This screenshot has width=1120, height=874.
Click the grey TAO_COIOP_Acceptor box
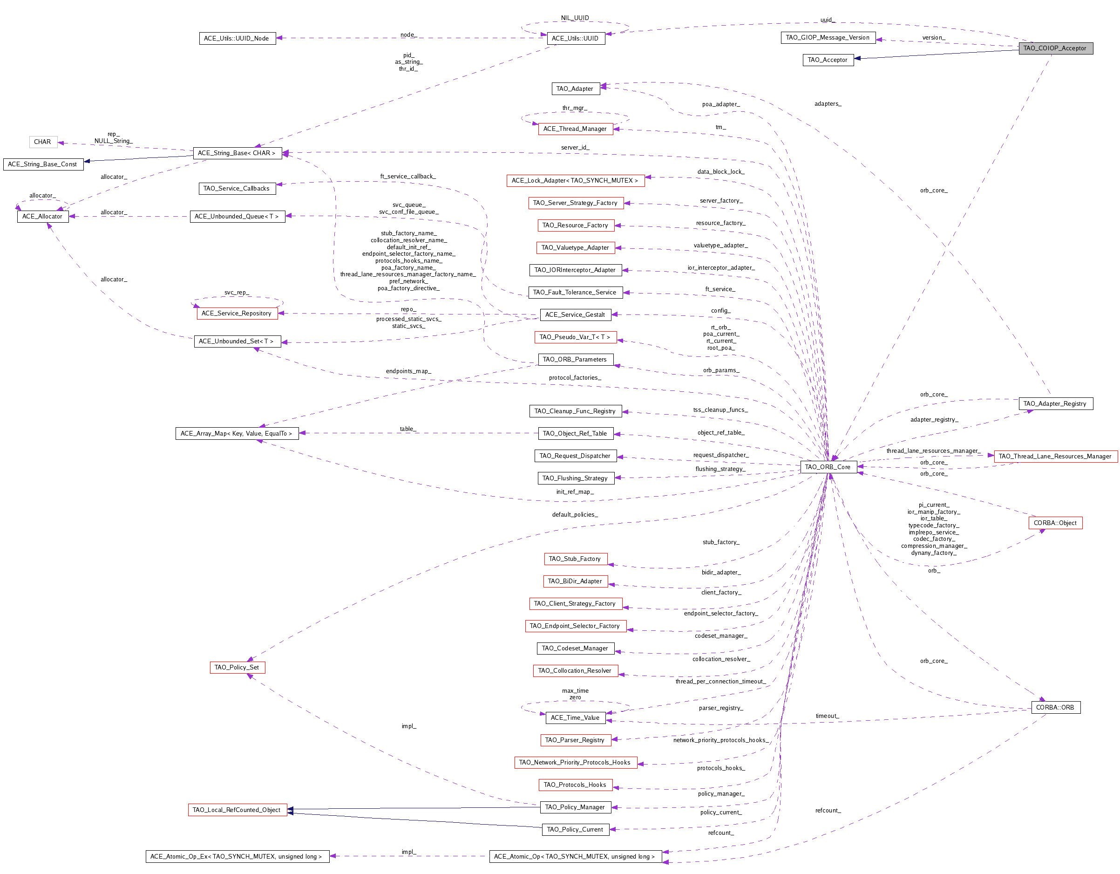tap(1055, 48)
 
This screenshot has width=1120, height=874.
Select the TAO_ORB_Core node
tap(828, 467)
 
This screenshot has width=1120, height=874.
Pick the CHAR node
tap(42, 142)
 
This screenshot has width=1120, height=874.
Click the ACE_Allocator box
tap(42, 217)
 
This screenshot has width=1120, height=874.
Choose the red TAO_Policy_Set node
tap(237, 667)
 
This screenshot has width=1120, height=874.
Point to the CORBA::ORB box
tap(1055, 707)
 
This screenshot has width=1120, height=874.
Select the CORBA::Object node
tap(1055, 523)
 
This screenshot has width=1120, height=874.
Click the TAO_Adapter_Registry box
tap(1055, 403)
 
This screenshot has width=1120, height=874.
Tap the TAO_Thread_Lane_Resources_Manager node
tap(1055, 456)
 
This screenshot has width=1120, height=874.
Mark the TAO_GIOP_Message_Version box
tap(828, 37)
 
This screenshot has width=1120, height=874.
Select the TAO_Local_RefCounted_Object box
tap(237, 810)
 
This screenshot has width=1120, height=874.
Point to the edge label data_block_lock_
tap(721, 172)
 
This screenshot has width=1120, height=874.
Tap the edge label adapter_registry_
tap(934, 420)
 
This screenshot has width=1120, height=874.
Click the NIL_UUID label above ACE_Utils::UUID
tap(575, 18)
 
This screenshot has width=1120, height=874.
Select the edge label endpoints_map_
tap(409, 371)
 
